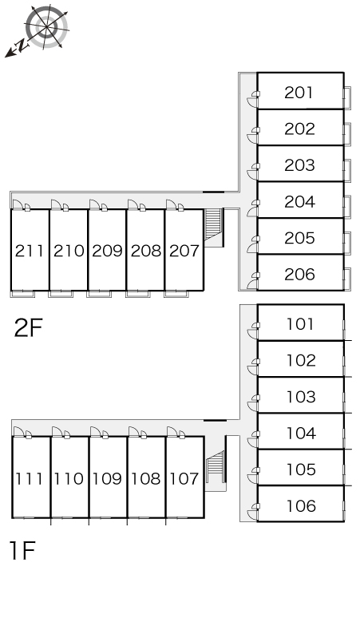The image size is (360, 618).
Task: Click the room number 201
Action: pyautogui.click(x=299, y=93)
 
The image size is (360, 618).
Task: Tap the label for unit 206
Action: pyautogui.click(x=299, y=275)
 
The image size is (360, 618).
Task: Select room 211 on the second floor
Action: pyautogui.click(x=30, y=251)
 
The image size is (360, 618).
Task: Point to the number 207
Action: pyautogui.click(x=184, y=251)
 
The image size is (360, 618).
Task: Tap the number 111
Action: pyautogui.click(x=29, y=478)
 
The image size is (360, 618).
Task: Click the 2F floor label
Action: pyautogui.click(x=28, y=327)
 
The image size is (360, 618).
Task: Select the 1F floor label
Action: pyautogui.click(x=22, y=551)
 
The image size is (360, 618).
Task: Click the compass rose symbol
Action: pyautogui.click(x=46, y=27)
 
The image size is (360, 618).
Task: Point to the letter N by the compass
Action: pyautogui.click(x=22, y=46)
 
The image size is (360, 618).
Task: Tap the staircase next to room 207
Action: pyautogui.click(x=214, y=228)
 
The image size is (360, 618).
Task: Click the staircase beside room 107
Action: pyautogui.click(x=215, y=465)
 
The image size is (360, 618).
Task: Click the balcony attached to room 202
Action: pyautogui.click(x=347, y=134)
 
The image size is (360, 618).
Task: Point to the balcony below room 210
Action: pyautogui.click(x=61, y=294)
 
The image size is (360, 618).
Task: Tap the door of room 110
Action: pyautogui.click(x=57, y=432)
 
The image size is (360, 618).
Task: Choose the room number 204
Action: pyautogui.click(x=299, y=202)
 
